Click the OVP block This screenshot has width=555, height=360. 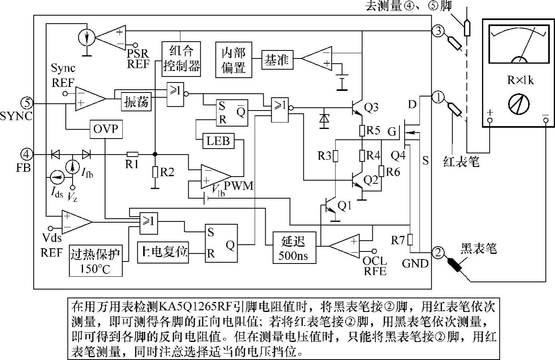(106, 129)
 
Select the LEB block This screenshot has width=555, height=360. (218, 141)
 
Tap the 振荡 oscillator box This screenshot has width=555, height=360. (137, 102)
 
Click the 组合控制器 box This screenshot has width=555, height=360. (182, 58)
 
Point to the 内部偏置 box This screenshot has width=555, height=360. (234, 59)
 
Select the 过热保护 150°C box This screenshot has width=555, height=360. (96, 261)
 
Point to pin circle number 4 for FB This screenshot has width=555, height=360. (27, 154)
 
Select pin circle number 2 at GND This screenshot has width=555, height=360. (438, 252)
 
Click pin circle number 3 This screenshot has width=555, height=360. (438, 30)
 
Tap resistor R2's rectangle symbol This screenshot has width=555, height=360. (155, 172)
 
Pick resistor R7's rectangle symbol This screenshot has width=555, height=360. (410, 239)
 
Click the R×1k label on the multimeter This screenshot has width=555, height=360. (521, 80)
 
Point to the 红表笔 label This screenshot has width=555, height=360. (461, 162)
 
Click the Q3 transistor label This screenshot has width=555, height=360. (371, 107)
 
